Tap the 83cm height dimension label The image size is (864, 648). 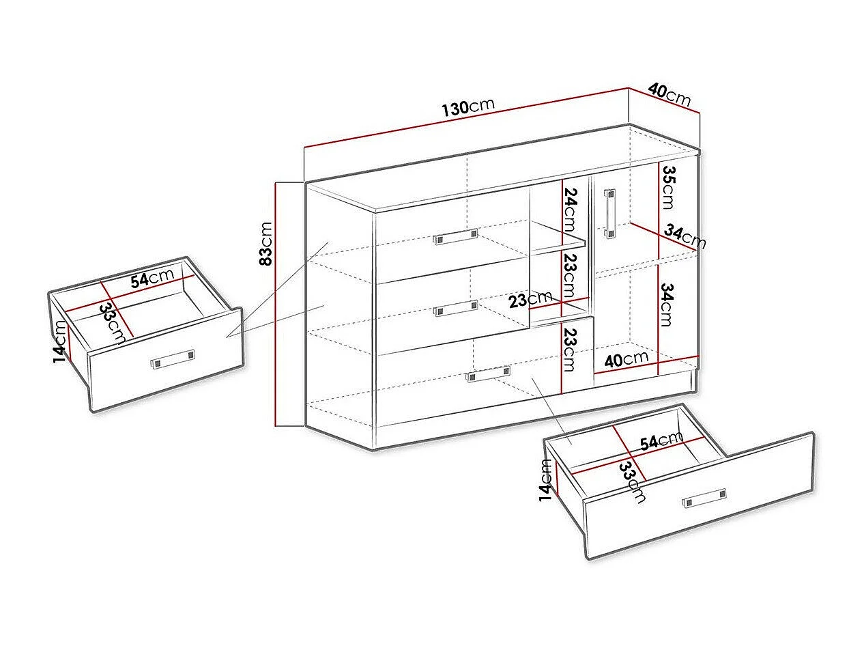click(266, 244)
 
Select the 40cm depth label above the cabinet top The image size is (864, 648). click(669, 94)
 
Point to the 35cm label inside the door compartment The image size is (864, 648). click(669, 187)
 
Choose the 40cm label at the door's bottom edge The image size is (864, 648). click(626, 359)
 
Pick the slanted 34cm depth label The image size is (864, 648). click(685, 237)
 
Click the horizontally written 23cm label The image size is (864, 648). click(530, 300)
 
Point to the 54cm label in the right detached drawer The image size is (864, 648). click(662, 441)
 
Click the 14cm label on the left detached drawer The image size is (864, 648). click(60, 341)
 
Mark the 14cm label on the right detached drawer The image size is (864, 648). click(545, 480)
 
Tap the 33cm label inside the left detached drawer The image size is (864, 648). click(113, 324)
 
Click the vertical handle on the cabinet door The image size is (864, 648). click(610, 214)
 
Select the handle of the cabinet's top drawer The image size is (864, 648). click(456, 237)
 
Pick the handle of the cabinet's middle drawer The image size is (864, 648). click(456, 308)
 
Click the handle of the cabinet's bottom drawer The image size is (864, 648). click(487, 374)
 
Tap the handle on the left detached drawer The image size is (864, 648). click(172, 359)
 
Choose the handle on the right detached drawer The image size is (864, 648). click(704, 498)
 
